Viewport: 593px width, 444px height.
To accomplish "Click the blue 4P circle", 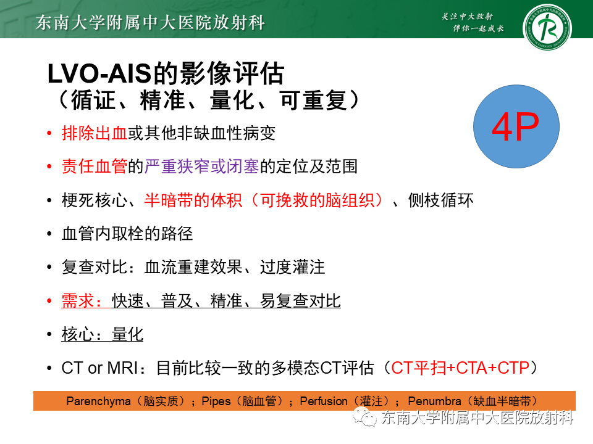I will [x=516, y=128].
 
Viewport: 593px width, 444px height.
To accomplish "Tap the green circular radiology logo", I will [x=547, y=28].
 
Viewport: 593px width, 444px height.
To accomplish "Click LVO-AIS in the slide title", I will [x=99, y=74].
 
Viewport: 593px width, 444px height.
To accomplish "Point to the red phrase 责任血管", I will [x=94, y=166].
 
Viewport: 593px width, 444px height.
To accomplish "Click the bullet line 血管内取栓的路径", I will [x=127, y=234].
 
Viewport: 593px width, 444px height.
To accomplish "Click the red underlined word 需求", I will [x=78, y=301].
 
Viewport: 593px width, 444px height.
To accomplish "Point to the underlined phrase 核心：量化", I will [x=103, y=334].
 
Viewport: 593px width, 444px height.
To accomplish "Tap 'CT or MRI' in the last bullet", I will [x=99, y=368].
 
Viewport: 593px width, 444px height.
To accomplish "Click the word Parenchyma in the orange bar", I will [x=99, y=401].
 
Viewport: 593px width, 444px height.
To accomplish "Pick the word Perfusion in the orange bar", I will [x=324, y=401].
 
